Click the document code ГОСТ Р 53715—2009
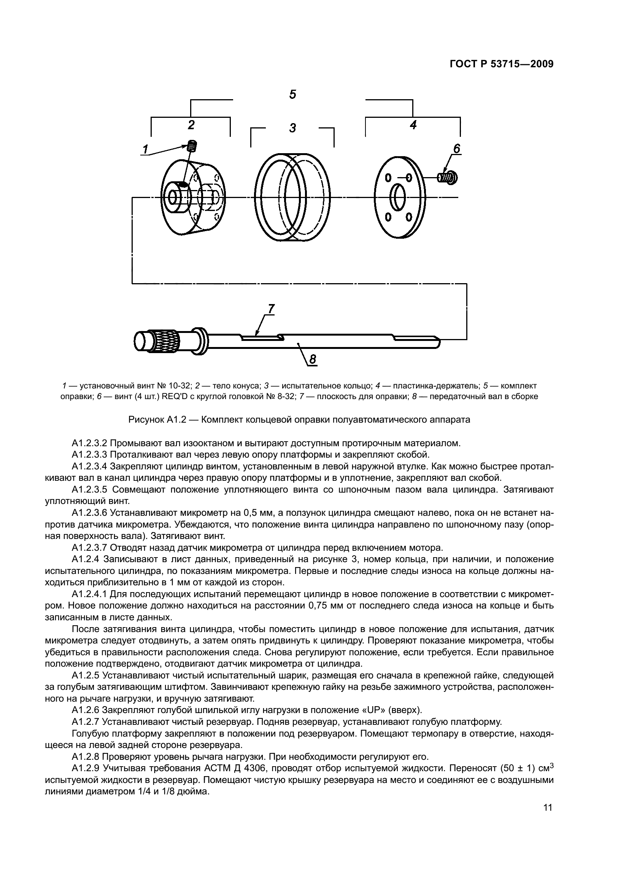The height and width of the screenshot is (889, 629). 501,64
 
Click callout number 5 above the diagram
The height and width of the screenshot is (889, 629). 293,94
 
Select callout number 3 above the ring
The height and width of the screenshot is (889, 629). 293,128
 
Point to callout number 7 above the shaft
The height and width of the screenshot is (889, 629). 271,309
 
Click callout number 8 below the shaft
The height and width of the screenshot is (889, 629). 313,360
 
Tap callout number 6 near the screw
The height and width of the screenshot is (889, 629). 457,149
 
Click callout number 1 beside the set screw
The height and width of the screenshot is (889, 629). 146,149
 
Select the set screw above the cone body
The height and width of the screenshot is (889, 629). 192,146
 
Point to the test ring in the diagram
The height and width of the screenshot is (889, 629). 293,199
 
